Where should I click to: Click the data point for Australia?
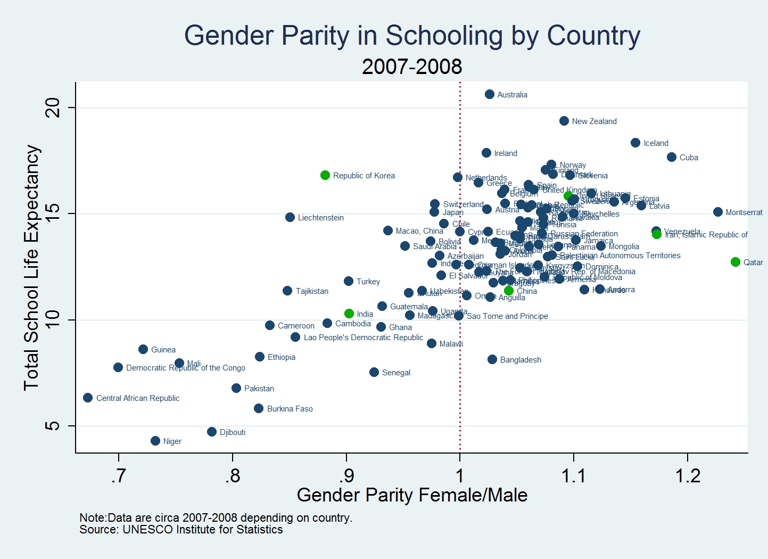(x=490, y=94)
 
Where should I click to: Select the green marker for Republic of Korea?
(x=325, y=175)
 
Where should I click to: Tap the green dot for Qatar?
(x=736, y=262)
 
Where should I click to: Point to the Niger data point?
(x=155, y=441)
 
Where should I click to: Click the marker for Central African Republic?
(x=88, y=398)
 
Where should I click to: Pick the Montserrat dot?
(x=718, y=212)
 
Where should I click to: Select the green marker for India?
(x=349, y=314)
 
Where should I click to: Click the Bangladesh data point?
(x=492, y=359)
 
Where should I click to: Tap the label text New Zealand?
(x=594, y=121)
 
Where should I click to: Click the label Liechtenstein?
(x=320, y=218)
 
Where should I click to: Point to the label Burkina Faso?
(x=290, y=409)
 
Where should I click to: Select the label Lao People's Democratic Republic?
(x=363, y=338)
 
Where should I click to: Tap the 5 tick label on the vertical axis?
(x=54, y=426)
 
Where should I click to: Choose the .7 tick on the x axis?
(x=118, y=475)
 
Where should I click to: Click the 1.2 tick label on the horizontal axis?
(x=688, y=475)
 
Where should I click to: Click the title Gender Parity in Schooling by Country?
(x=412, y=36)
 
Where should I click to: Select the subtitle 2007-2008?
(x=412, y=67)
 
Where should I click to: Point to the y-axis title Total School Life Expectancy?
(x=32, y=267)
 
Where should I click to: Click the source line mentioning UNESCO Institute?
(x=181, y=530)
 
